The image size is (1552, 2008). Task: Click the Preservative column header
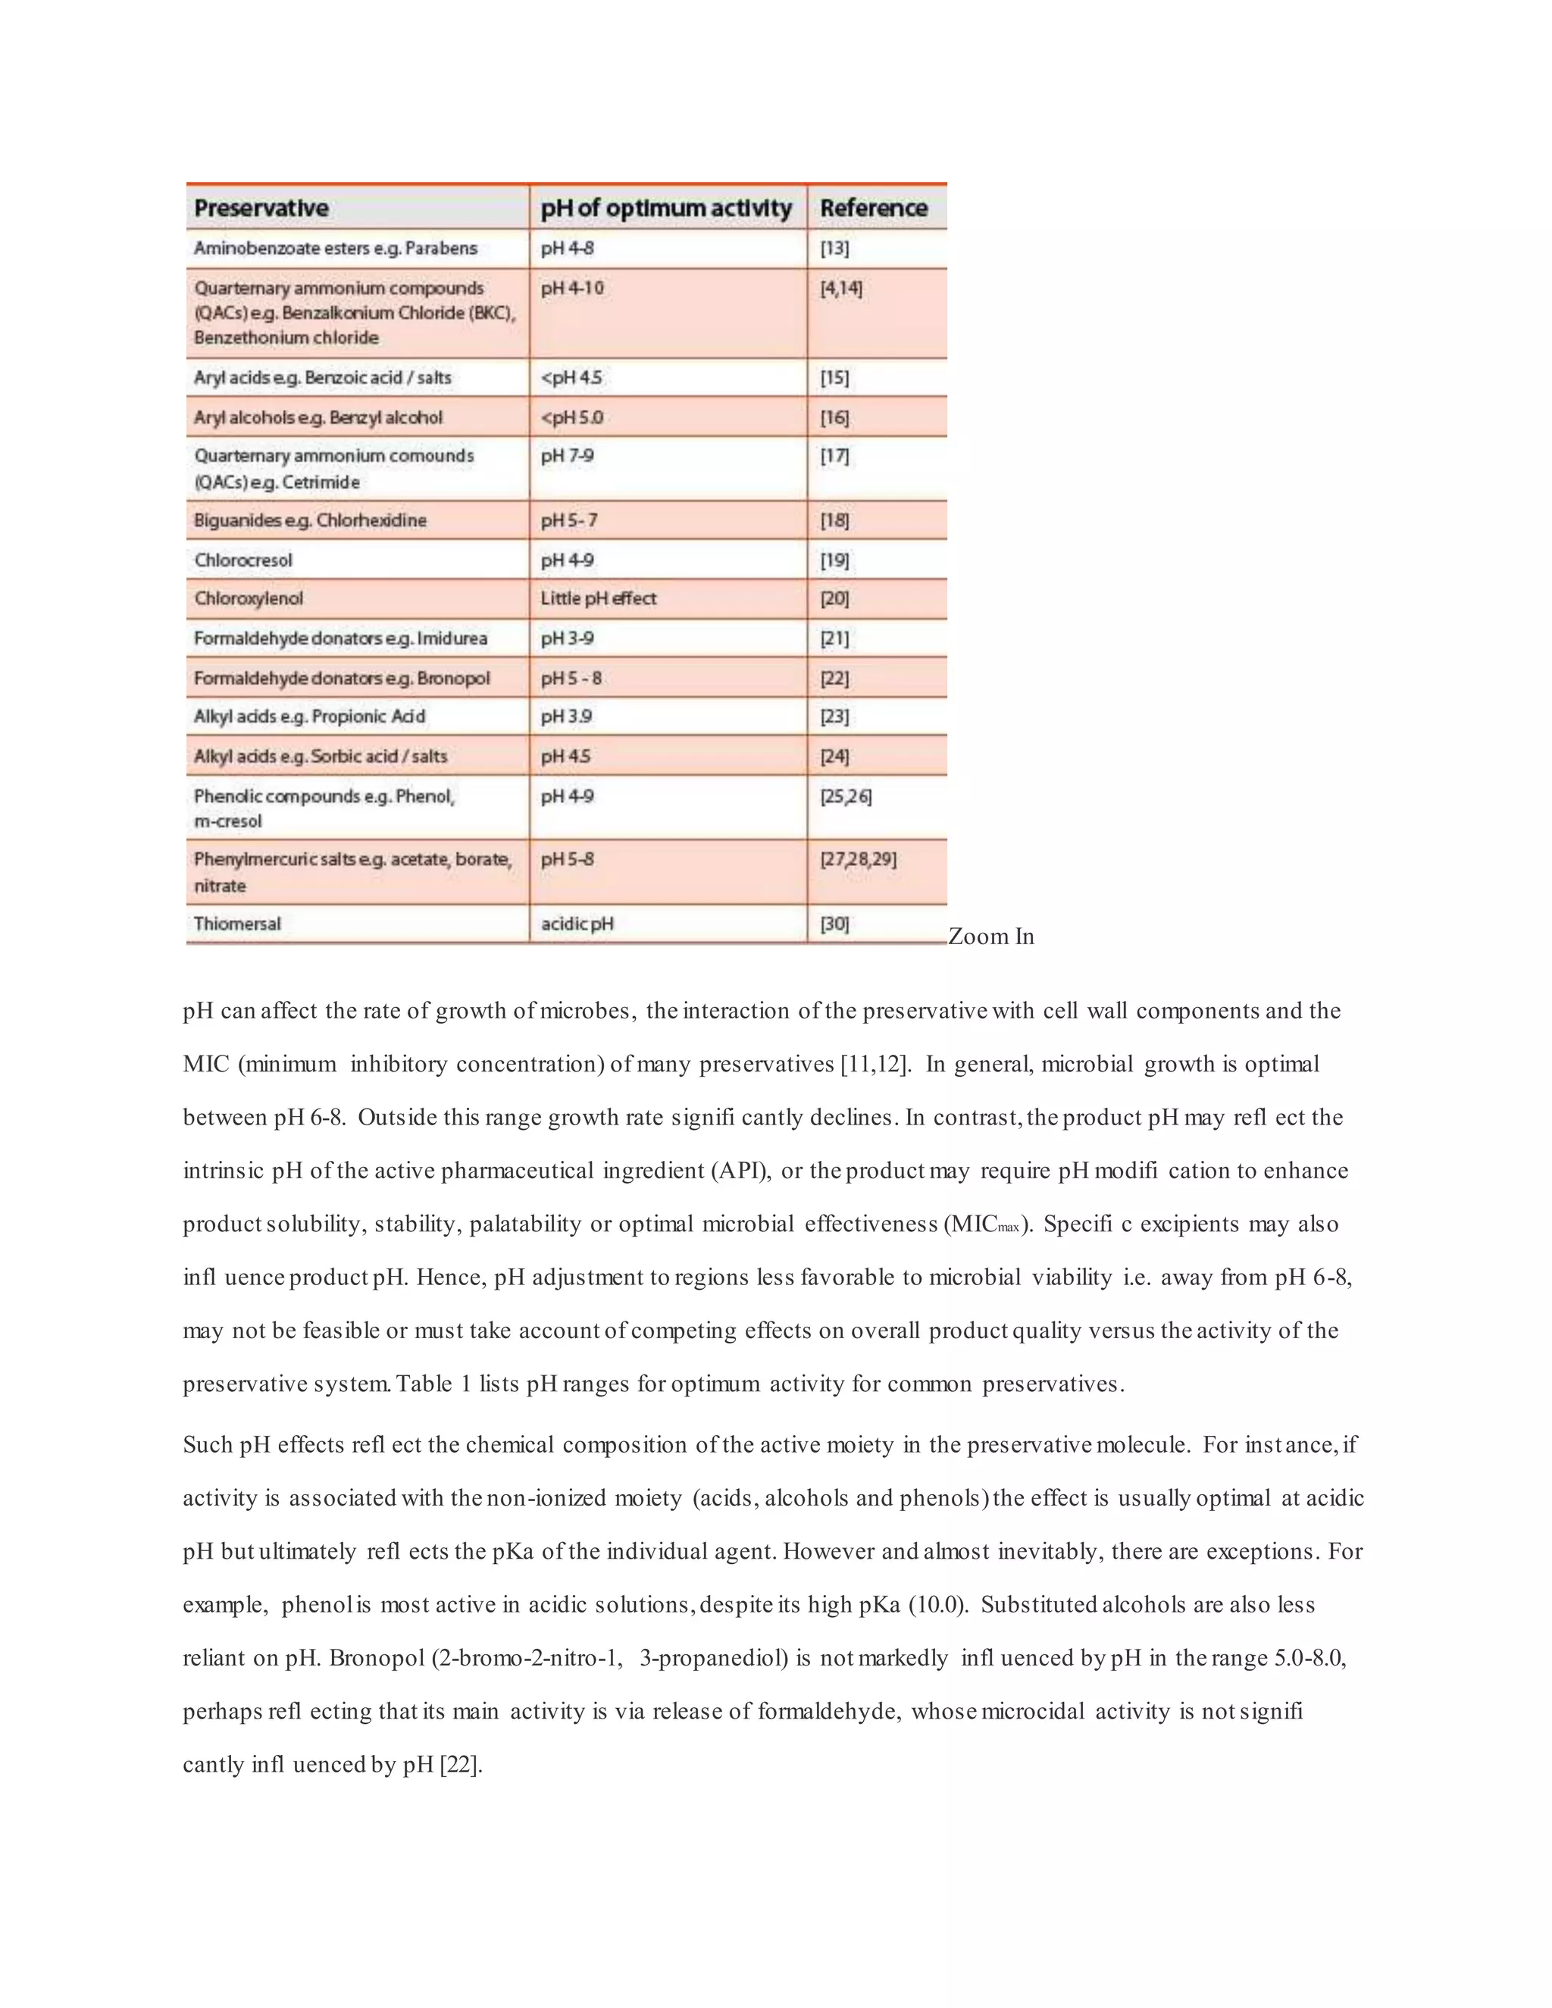(x=261, y=208)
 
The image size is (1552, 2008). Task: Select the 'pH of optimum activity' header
(x=665, y=208)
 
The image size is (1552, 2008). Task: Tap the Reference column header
(x=874, y=208)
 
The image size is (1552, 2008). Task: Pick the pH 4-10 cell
(x=572, y=289)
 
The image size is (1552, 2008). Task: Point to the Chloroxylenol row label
(x=249, y=599)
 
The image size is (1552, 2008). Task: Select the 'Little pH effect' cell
(x=598, y=599)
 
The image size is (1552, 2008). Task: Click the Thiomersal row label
(x=237, y=924)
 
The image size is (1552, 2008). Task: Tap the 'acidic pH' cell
(x=577, y=924)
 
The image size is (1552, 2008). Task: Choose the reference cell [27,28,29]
(x=858, y=860)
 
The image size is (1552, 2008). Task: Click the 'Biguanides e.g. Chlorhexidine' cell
(x=310, y=521)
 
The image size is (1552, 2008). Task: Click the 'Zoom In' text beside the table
(x=990, y=937)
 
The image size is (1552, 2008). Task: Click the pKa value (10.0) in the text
(x=938, y=1606)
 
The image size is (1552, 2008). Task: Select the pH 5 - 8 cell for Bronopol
(x=571, y=678)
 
